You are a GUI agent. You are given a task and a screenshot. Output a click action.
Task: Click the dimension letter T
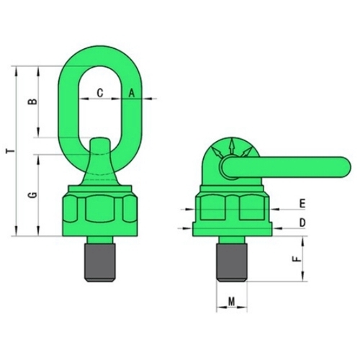click(x=11, y=151)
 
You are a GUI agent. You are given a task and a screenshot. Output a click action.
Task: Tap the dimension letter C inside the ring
click(x=100, y=93)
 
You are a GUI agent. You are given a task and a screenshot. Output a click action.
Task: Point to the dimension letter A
click(x=132, y=93)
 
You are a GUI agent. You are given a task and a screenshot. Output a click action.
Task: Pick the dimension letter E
click(x=302, y=204)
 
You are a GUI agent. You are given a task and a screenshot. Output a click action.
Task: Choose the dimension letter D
click(x=302, y=223)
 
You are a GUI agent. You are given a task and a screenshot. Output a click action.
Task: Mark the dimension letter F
click(x=297, y=259)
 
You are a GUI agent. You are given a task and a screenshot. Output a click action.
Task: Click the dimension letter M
click(x=231, y=302)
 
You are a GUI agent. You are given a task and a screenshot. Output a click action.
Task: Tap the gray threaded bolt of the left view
click(x=99, y=263)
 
